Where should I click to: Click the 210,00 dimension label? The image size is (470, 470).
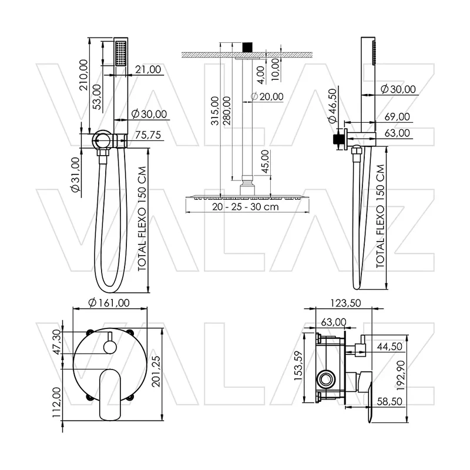point(83,75)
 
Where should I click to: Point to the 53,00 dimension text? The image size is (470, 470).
point(97,97)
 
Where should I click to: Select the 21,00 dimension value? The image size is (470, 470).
point(148,69)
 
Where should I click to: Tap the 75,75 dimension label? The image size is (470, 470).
point(148,135)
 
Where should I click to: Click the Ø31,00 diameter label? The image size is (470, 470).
point(75,174)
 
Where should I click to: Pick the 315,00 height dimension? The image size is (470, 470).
point(215,110)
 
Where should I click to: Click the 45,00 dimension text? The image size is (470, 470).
point(266,162)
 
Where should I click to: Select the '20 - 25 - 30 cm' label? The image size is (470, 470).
point(246,207)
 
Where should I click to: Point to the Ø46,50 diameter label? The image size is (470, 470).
point(333,106)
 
